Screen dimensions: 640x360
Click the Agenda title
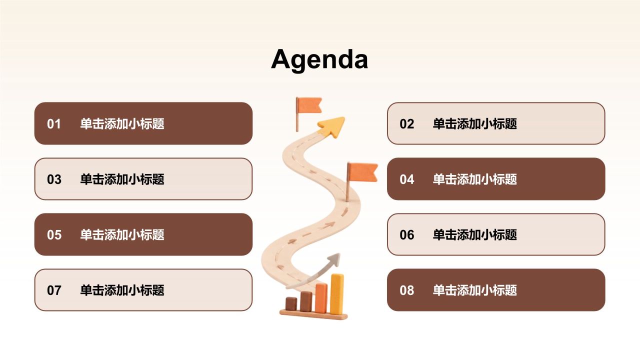(319, 60)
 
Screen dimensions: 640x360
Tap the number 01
(53, 124)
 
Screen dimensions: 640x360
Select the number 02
(406, 124)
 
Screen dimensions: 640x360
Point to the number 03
(54, 179)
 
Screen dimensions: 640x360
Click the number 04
(407, 179)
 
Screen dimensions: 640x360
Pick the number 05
(54, 235)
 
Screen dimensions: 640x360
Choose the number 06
(407, 235)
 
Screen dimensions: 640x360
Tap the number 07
(54, 290)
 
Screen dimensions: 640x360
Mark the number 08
(407, 290)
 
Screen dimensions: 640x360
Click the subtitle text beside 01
(122, 124)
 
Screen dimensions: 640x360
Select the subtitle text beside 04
(475, 179)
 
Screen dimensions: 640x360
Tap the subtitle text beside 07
(122, 290)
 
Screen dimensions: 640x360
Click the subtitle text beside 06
(475, 235)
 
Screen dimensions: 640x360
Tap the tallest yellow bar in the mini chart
(337, 294)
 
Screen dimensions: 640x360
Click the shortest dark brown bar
(291, 303)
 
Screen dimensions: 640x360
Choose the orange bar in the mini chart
(321, 298)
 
